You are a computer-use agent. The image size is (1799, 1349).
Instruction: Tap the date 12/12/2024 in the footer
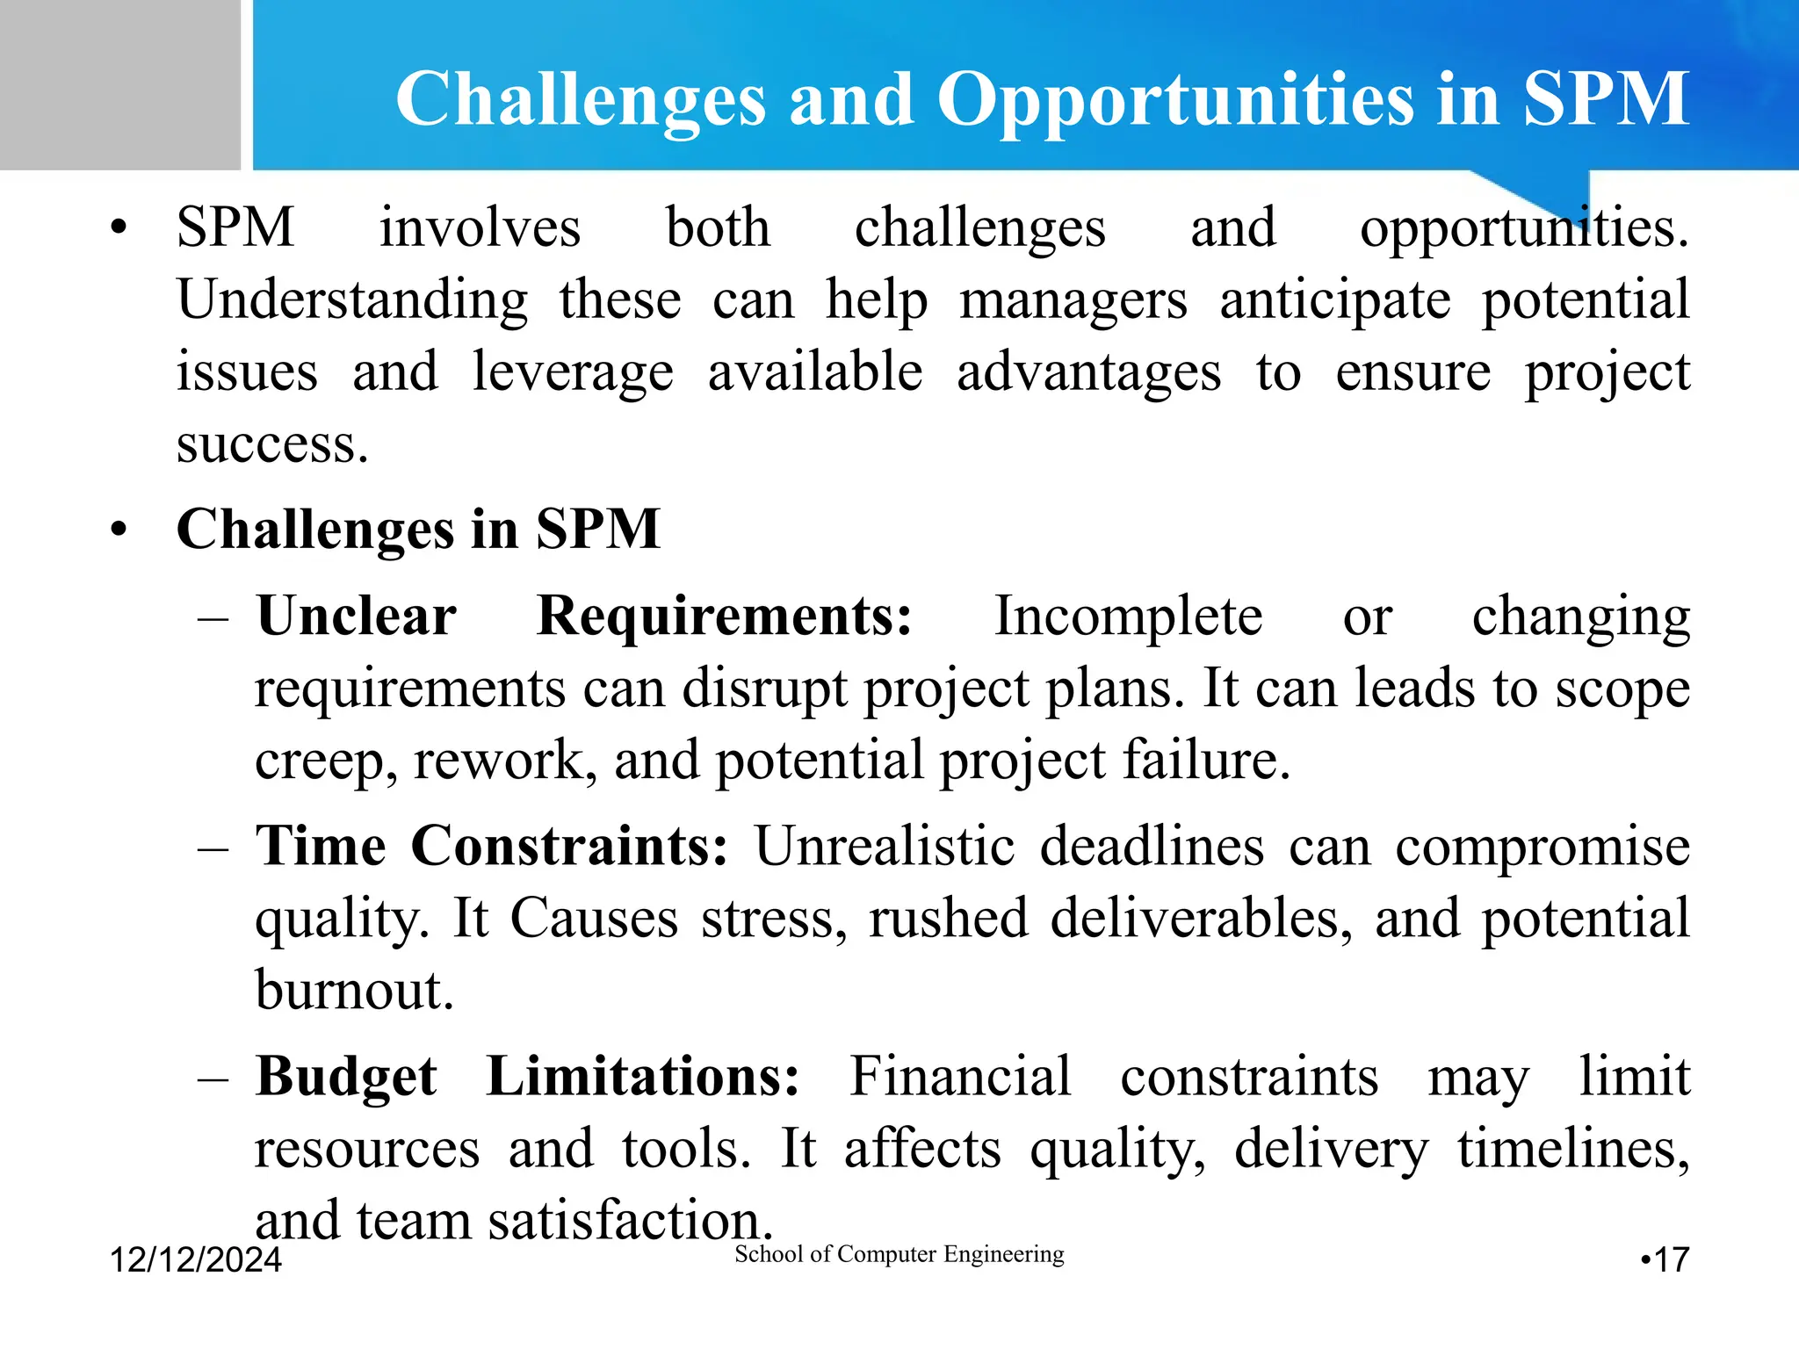(x=195, y=1260)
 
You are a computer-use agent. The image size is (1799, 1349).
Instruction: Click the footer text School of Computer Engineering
(x=899, y=1254)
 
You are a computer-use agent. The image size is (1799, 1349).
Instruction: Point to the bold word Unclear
(x=356, y=616)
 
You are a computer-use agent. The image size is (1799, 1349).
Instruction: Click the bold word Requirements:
(x=725, y=617)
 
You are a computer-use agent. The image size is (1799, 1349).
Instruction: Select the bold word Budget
(x=346, y=1078)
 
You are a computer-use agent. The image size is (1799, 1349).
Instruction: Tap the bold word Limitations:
(x=642, y=1076)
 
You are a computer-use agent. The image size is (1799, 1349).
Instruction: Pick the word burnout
(x=354, y=990)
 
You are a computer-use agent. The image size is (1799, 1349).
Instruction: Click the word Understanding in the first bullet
(x=352, y=300)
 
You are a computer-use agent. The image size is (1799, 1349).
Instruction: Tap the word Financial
(x=960, y=1076)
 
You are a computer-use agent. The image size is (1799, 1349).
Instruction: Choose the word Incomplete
(x=1128, y=616)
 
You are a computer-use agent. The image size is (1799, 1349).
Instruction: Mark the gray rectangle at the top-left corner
(x=119, y=84)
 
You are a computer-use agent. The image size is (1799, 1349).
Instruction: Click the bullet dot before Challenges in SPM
(x=119, y=530)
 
